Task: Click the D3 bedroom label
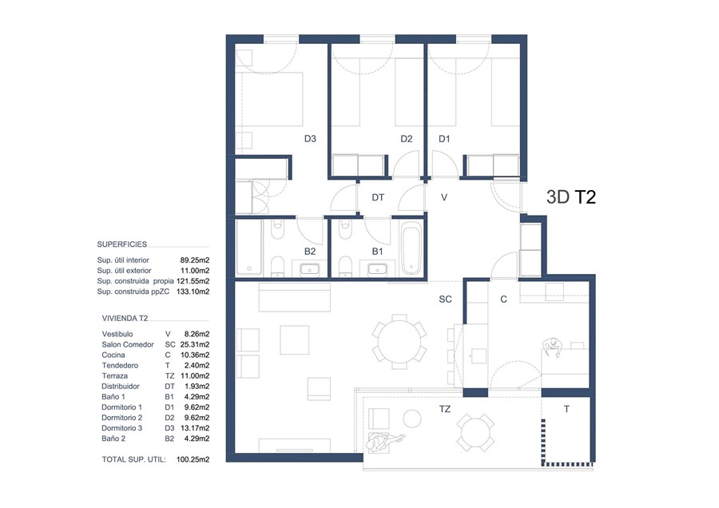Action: point(310,139)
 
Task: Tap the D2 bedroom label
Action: point(406,139)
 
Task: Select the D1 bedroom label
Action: point(444,139)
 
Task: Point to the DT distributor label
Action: point(379,196)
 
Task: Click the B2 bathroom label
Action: point(310,252)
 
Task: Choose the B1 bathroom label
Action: point(378,252)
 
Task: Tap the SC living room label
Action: point(446,300)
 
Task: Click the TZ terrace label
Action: point(445,409)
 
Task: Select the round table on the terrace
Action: point(475,431)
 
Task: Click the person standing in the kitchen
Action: point(551,345)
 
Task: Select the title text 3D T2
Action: point(572,196)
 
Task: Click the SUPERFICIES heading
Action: point(121,244)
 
